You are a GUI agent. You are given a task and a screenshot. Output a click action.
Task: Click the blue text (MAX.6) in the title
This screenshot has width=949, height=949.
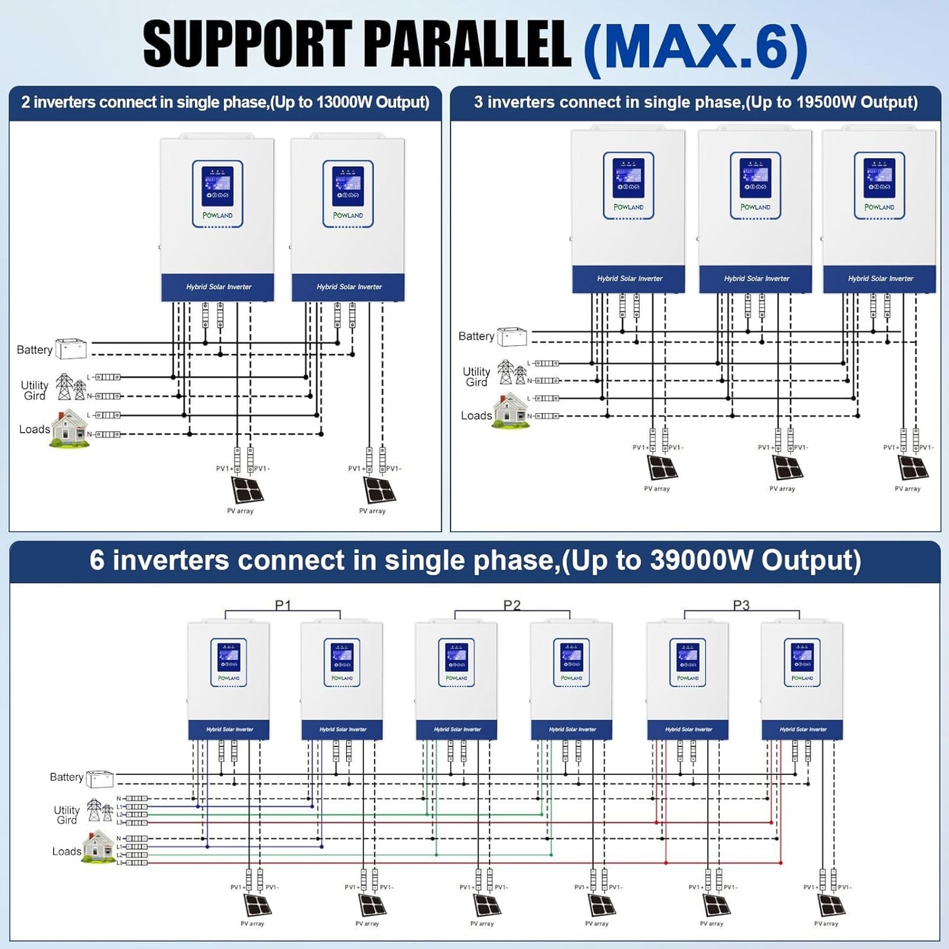click(695, 47)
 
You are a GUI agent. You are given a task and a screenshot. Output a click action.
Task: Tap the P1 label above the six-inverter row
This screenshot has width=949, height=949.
click(282, 605)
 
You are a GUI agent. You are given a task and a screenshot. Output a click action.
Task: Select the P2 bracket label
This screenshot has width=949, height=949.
click(512, 605)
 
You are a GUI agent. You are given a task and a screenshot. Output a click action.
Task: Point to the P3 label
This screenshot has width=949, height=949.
click(741, 605)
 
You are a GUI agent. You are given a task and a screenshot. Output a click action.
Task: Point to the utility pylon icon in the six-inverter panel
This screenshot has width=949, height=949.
click(99, 810)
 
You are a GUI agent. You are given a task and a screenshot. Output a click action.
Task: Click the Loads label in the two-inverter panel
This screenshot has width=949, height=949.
click(34, 430)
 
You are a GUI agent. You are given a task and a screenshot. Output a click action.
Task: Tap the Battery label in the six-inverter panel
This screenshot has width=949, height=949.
click(66, 778)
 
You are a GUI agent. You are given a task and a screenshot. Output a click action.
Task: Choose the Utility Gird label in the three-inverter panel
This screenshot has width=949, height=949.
click(476, 377)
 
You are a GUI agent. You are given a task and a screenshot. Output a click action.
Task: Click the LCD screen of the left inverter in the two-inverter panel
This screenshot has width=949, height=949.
click(217, 186)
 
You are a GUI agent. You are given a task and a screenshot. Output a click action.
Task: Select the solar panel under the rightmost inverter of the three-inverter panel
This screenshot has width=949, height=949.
click(913, 468)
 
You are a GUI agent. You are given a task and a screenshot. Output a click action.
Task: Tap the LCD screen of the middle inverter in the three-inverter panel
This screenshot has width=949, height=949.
click(755, 178)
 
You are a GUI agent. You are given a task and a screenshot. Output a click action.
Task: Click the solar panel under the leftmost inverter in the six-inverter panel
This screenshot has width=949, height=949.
click(257, 906)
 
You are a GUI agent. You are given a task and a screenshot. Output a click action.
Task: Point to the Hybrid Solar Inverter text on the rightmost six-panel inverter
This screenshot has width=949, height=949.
click(803, 730)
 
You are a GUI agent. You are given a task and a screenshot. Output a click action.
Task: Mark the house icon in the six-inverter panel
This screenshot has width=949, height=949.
click(99, 847)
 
